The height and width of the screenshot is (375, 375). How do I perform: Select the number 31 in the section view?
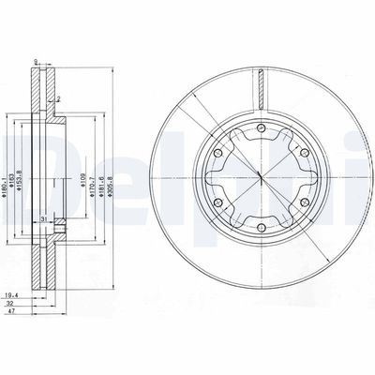point(44,219)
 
